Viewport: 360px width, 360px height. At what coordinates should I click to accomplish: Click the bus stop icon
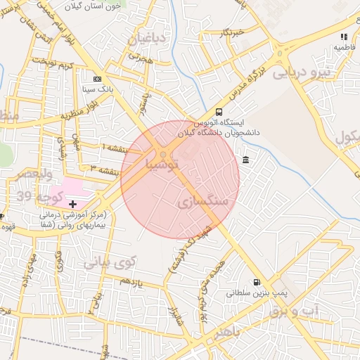point(219,112)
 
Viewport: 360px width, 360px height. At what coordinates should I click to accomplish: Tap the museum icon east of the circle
point(245,161)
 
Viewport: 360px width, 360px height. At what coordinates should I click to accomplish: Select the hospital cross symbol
point(74,203)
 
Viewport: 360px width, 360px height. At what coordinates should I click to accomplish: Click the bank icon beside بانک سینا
point(97,79)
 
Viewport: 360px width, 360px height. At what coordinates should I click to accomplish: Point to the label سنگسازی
point(205,201)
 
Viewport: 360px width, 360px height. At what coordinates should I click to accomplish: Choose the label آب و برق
point(295,311)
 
